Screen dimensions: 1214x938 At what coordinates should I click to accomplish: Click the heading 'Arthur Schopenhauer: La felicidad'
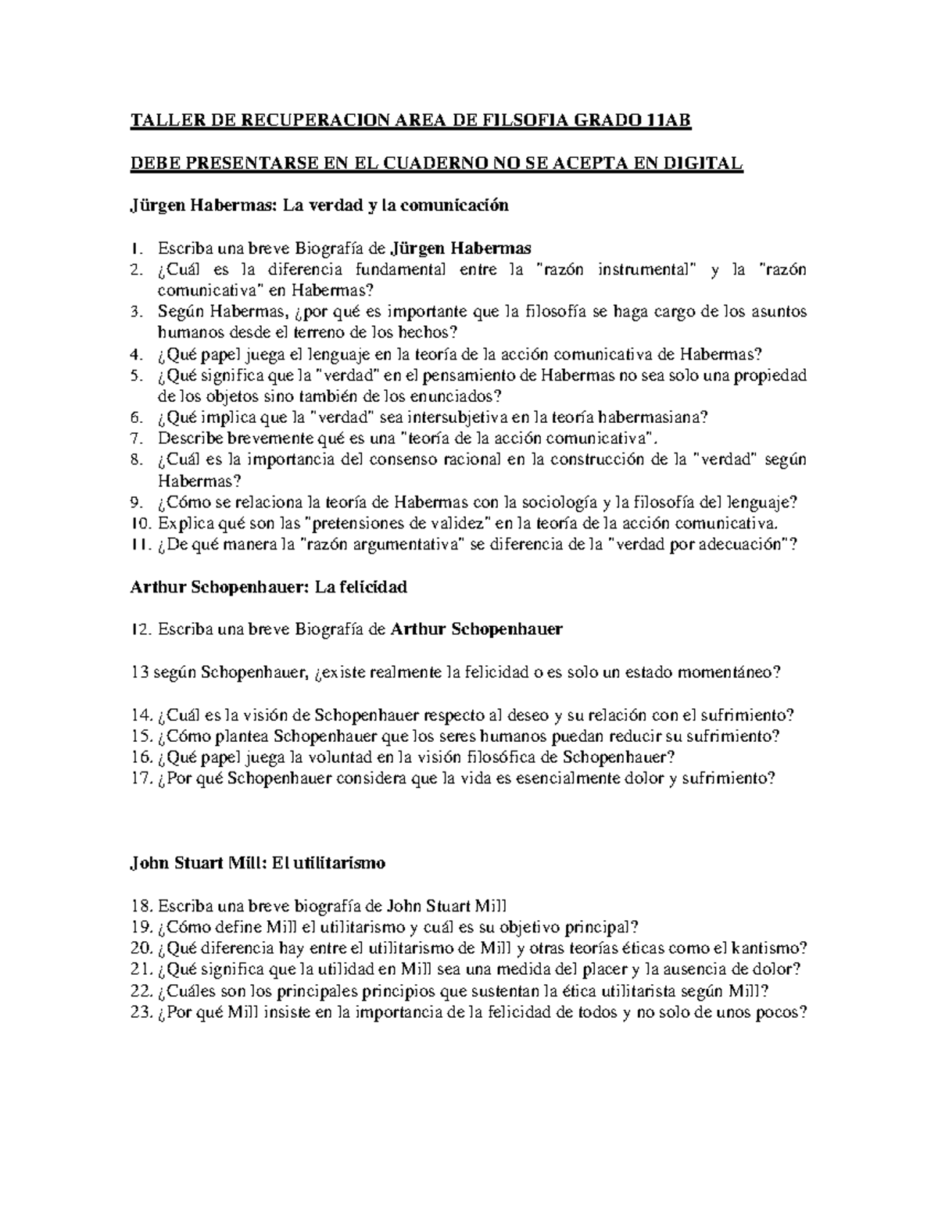click(268, 586)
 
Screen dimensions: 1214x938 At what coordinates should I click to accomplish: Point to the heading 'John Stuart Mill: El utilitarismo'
click(257, 864)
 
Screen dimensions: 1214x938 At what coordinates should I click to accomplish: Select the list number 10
click(139, 522)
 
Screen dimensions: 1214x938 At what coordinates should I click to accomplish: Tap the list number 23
click(141, 1012)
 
